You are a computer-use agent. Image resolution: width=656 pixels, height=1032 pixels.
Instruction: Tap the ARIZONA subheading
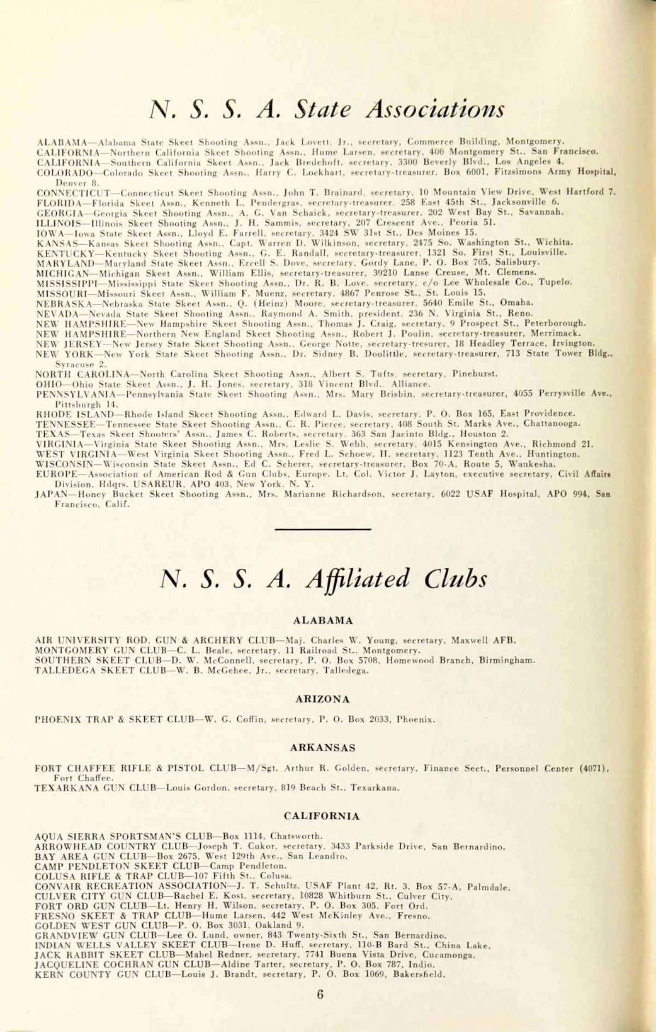pyautogui.click(x=323, y=699)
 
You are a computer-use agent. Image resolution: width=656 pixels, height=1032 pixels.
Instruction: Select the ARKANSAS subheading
pyautogui.click(x=323, y=748)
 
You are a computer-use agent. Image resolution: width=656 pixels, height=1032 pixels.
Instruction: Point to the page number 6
pyautogui.click(x=320, y=994)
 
